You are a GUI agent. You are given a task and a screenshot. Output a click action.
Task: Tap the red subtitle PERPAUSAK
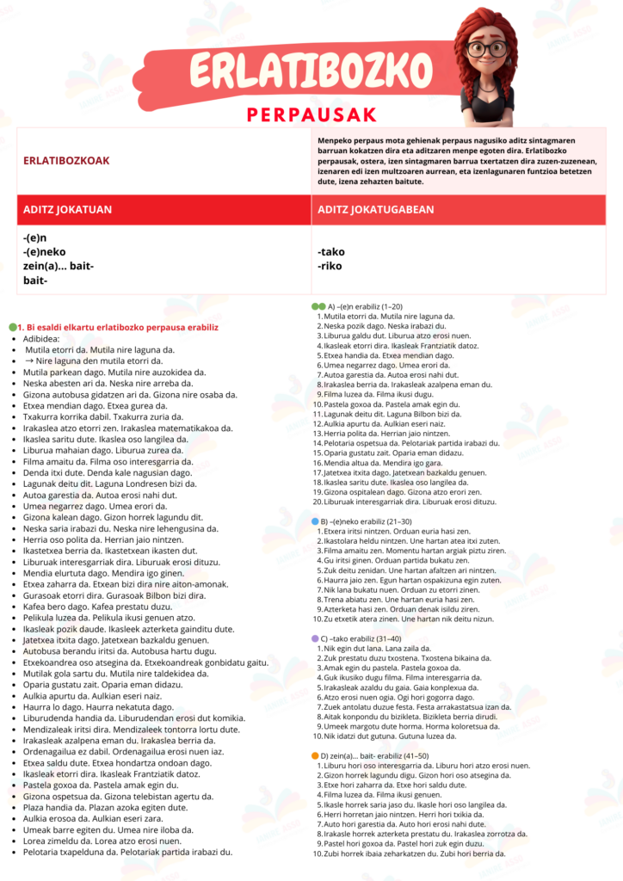point(311,114)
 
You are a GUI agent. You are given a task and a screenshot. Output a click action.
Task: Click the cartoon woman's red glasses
point(488,48)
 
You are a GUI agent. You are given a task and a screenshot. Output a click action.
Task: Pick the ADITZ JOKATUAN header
point(68,209)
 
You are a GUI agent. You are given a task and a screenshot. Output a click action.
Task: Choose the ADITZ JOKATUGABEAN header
point(375,209)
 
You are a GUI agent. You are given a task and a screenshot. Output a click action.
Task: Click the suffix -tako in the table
point(331,251)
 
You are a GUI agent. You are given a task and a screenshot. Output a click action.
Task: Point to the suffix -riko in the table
point(330,266)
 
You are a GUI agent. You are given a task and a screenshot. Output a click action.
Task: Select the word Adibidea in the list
point(44,339)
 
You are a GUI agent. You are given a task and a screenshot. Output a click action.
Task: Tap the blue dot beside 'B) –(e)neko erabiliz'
point(314,522)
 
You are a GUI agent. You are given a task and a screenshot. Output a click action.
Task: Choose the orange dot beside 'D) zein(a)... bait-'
point(314,755)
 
